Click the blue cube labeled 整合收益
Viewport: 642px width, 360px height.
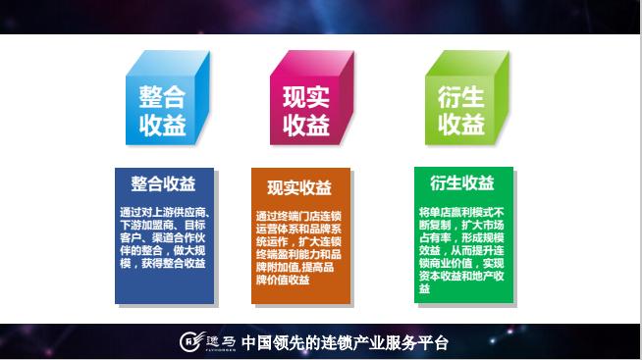click(164, 109)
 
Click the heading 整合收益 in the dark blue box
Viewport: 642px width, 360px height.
click(163, 183)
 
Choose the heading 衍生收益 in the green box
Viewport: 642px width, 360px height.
click(461, 182)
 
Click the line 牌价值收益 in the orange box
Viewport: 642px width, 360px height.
click(283, 280)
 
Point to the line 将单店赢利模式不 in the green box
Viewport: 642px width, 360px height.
click(461, 210)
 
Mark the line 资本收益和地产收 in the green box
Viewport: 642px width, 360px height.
click(461, 276)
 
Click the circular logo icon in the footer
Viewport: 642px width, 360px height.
click(189, 343)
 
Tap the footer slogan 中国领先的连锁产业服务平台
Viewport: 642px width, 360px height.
click(344, 343)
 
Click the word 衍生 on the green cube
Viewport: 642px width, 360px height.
click(461, 96)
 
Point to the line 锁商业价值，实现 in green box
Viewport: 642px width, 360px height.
click(461, 263)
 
